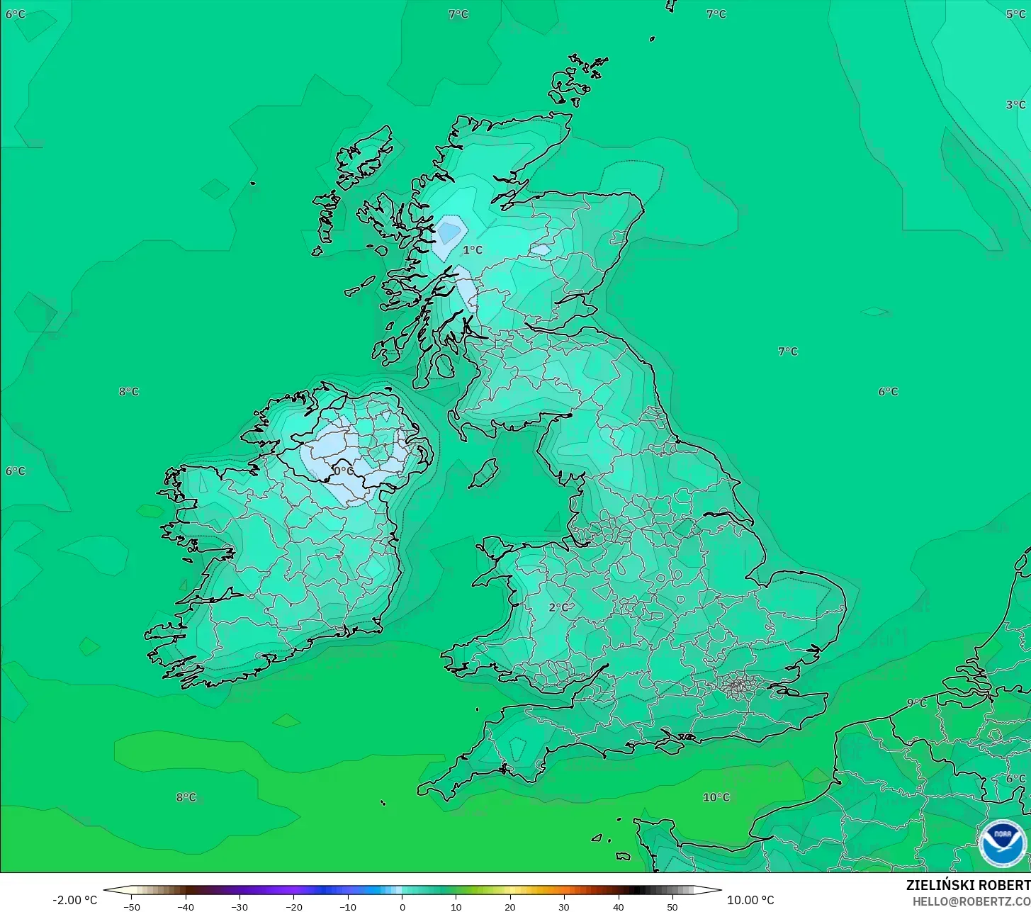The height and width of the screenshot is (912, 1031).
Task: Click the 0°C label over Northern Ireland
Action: (344, 471)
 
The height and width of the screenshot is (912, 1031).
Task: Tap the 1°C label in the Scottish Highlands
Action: (473, 250)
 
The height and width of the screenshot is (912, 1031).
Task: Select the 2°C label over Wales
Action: (558, 607)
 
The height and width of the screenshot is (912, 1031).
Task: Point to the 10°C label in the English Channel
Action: (716, 797)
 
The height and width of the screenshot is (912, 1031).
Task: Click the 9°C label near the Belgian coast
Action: (916, 703)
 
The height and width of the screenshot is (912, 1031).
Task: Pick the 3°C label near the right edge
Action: (1015, 105)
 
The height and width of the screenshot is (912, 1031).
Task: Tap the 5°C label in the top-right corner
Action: (1015, 14)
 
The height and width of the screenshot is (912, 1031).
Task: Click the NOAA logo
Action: (1002, 843)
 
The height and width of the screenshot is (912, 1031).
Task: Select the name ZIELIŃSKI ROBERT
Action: (968, 885)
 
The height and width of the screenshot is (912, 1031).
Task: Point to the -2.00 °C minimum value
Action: (74, 900)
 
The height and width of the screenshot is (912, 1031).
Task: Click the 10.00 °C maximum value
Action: (750, 900)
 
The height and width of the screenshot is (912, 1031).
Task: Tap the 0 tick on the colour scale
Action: (402, 907)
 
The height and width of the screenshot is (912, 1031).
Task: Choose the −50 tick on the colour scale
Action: (131, 907)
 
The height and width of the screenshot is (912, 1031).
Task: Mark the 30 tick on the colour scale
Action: (564, 907)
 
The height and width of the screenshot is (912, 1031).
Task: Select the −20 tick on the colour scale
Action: (293, 907)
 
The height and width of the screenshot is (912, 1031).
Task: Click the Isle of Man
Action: (484, 473)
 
